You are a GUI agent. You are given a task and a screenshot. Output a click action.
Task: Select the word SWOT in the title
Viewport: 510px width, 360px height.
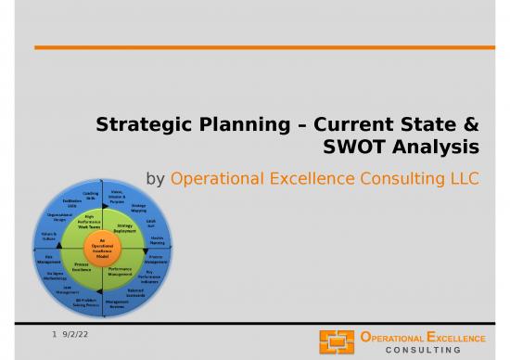click(359, 148)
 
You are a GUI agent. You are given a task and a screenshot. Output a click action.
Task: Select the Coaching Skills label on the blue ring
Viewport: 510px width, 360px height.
click(92, 195)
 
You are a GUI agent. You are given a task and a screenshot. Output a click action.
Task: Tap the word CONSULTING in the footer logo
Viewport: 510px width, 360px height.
click(429, 349)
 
